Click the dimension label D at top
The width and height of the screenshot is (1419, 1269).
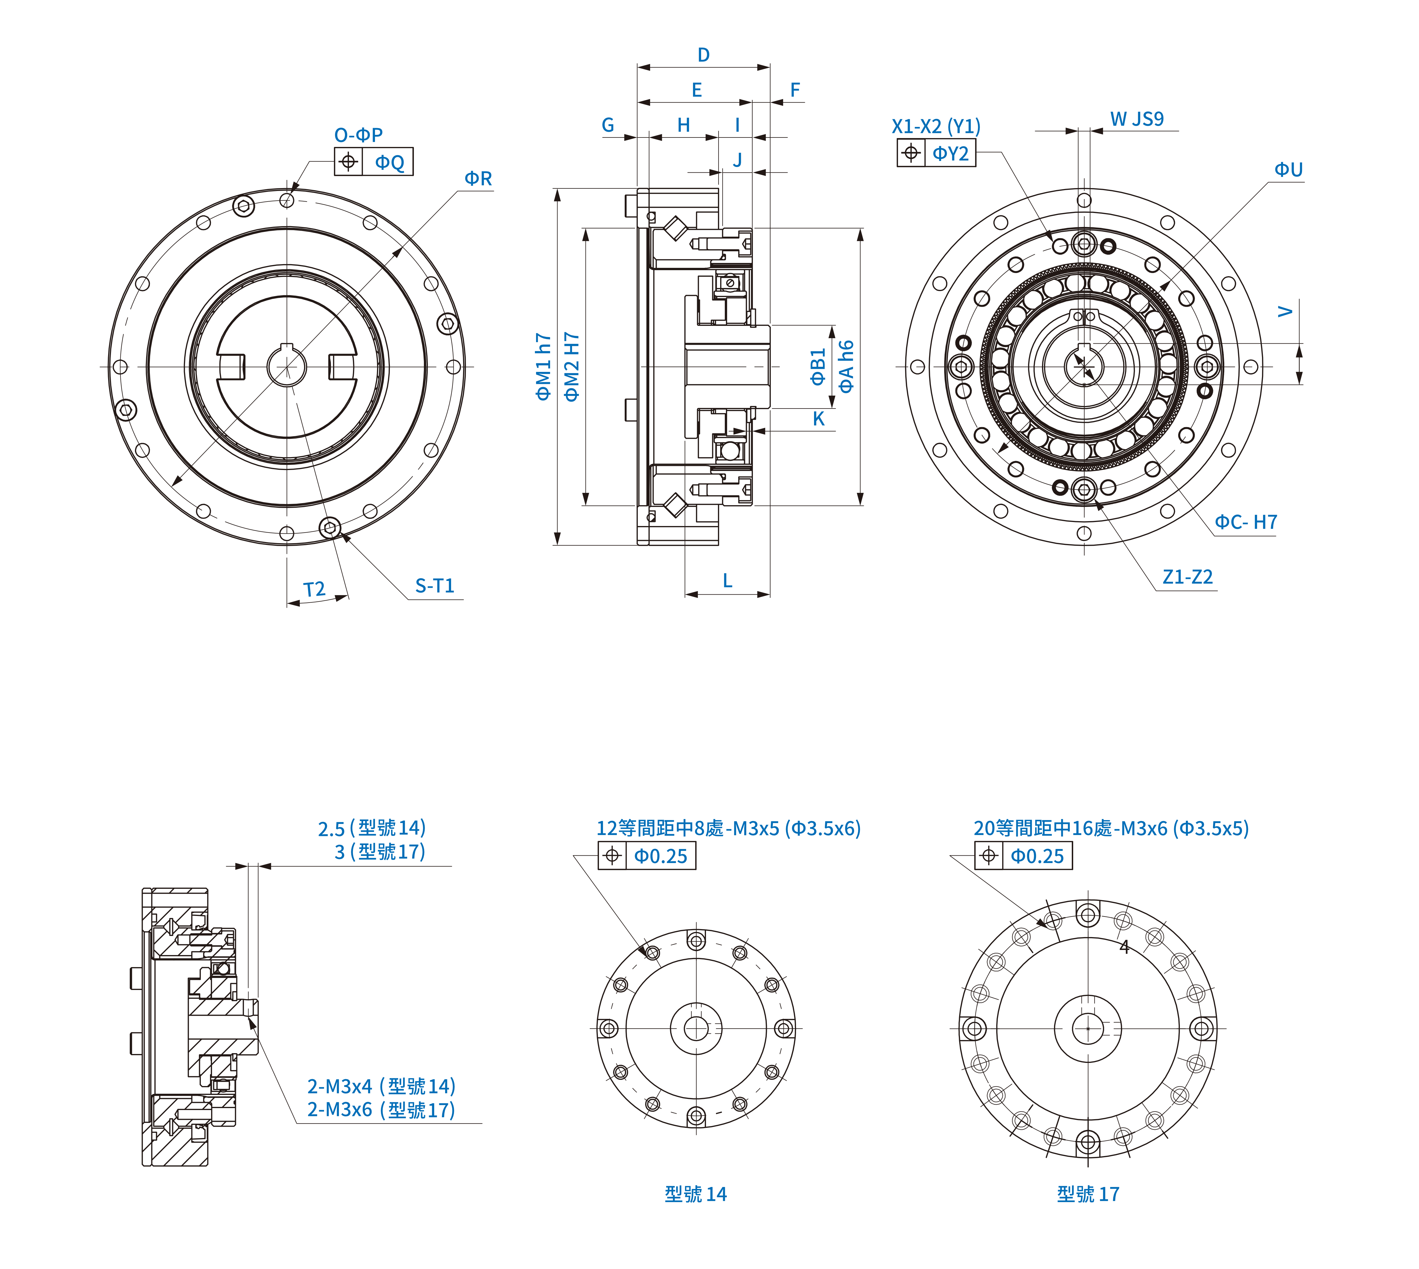(x=703, y=55)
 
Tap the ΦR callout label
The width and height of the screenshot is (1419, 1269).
(x=478, y=178)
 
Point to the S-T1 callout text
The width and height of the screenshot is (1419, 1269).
(x=435, y=586)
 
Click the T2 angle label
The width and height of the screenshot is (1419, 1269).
(x=314, y=590)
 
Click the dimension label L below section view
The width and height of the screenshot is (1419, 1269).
(x=727, y=581)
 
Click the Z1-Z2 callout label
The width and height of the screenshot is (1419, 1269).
(x=1187, y=577)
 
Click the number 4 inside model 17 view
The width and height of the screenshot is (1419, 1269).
(x=1124, y=947)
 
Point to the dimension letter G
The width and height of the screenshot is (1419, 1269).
(x=608, y=125)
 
